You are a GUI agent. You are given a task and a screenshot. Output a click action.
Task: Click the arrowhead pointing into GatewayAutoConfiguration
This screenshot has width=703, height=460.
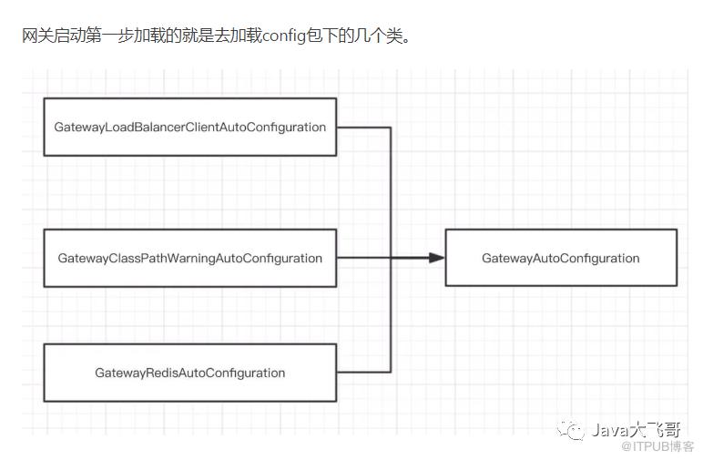tap(436, 258)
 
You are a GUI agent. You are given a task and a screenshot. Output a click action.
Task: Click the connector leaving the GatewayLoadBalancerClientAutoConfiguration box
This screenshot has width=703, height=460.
tap(363, 128)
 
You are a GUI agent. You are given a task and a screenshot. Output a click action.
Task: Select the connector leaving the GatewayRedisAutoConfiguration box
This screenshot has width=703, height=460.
tap(363, 372)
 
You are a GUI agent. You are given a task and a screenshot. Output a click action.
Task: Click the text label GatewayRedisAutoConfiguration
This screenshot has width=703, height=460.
tap(189, 373)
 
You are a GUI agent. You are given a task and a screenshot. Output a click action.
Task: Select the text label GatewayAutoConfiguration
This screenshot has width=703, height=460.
tap(560, 258)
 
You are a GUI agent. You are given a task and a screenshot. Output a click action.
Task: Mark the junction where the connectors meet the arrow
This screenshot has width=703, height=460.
tap(391, 258)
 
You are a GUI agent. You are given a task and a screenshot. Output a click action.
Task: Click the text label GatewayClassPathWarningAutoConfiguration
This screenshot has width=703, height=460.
tap(189, 258)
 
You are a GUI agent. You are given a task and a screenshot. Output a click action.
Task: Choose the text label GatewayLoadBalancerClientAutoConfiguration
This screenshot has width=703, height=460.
tap(189, 128)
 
